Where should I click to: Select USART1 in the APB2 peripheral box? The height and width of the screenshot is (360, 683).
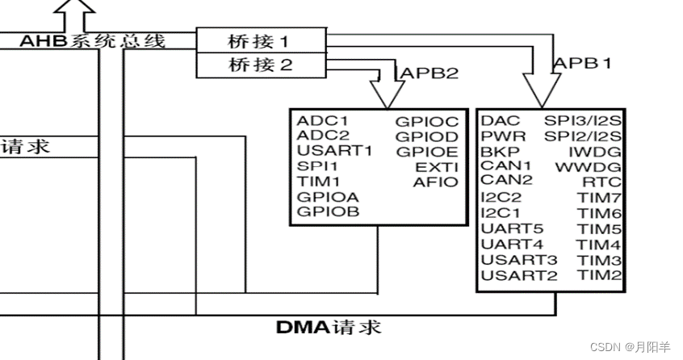click(x=334, y=151)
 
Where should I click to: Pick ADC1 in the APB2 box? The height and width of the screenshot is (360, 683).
click(x=322, y=121)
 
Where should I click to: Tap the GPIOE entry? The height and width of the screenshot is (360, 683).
click(x=426, y=152)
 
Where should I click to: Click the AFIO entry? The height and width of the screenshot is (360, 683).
click(x=435, y=182)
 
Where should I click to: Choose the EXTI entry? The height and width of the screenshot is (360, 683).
click(x=437, y=166)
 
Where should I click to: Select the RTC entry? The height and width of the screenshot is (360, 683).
click(x=601, y=182)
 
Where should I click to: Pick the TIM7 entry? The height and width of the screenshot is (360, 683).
click(x=600, y=198)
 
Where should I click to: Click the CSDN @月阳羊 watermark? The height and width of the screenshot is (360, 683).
click(x=630, y=346)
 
